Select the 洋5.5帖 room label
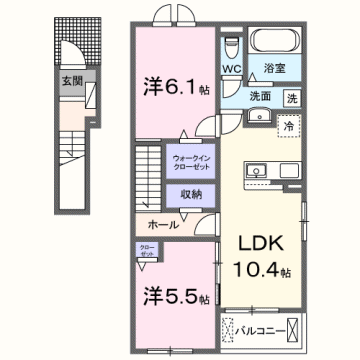tap(172, 296)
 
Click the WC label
tap(232, 70)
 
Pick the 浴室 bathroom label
tap(274, 69)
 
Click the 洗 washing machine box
tap(292, 99)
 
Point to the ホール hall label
tap(163, 226)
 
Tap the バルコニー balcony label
tap(261, 328)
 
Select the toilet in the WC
tap(232, 46)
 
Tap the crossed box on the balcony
tap(292, 328)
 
